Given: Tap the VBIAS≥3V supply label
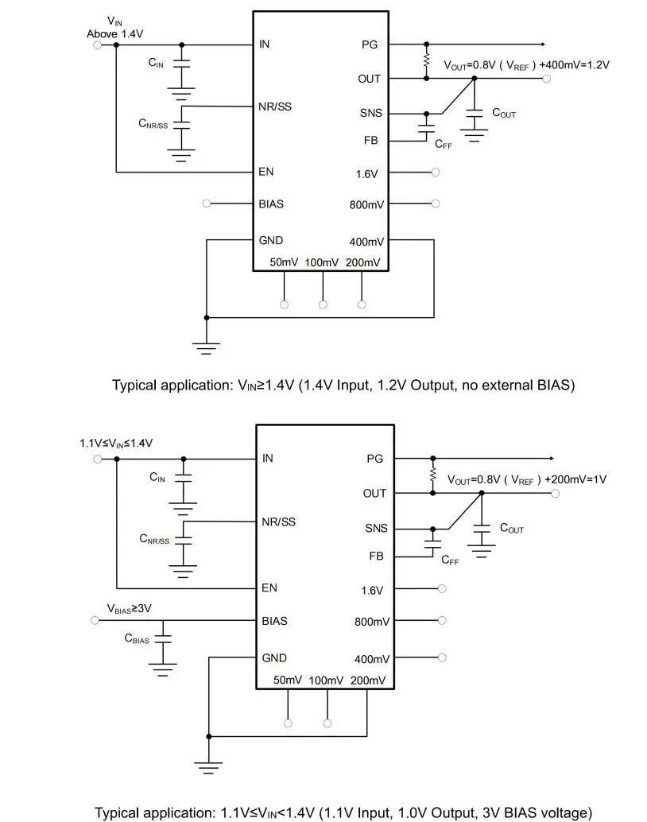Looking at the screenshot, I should pyautogui.click(x=130, y=608).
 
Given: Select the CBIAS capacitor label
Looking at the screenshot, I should pyautogui.click(x=137, y=638).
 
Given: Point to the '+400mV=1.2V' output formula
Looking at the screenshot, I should pyautogui.click(x=575, y=65).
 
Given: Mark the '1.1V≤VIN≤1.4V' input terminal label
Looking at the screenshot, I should pyautogui.click(x=116, y=442).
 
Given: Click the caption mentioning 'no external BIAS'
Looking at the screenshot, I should pyautogui.click(x=343, y=386).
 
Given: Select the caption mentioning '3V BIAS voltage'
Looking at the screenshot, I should pyautogui.click(x=343, y=812).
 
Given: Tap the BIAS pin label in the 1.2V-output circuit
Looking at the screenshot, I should pyautogui.click(x=270, y=204).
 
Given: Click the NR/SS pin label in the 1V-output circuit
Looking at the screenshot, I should pyautogui.click(x=278, y=522).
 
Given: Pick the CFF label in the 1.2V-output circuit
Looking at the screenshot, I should pyautogui.click(x=444, y=144).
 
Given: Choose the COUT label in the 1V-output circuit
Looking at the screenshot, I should pyautogui.click(x=512, y=528).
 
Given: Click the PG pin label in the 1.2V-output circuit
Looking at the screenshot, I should pyautogui.click(x=370, y=45).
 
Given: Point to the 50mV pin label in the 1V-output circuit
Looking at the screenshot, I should pyautogui.click(x=288, y=680).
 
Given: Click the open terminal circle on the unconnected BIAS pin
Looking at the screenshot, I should pyautogui.click(x=207, y=204).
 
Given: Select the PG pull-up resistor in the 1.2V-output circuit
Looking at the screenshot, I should pyautogui.click(x=427, y=61).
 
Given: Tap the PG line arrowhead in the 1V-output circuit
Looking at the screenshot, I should pyautogui.click(x=548, y=459).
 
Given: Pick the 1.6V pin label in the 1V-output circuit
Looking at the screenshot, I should pyautogui.click(x=372, y=591).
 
